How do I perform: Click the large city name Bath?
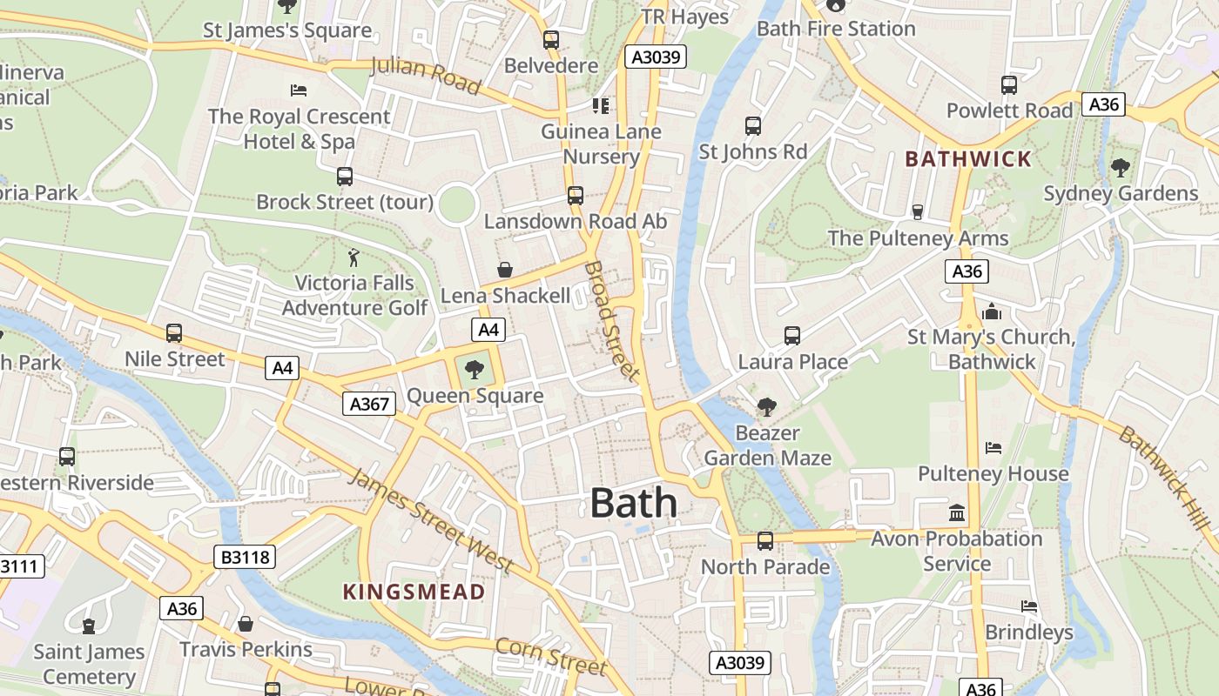[x=633, y=504]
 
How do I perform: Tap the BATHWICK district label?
[x=967, y=159]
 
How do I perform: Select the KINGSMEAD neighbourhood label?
[x=414, y=592]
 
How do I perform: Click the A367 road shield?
[x=368, y=404]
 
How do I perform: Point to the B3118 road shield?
[x=245, y=557]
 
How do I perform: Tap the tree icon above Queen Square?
[x=475, y=370]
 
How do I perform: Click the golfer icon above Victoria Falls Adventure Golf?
[x=354, y=258]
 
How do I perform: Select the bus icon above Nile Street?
[x=174, y=333]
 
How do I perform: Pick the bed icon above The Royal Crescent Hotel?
[x=299, y=90]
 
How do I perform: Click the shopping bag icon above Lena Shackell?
[x=505, y=271]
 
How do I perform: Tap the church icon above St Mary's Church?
[x=991, y=311]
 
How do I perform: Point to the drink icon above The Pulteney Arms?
[x=917, y=212]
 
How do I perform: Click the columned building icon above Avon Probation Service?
[x=957, y=513]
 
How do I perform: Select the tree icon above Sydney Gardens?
[x=1121, y=168]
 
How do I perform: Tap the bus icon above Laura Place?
[x=792, y=336]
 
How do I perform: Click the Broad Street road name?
[x=614, y=321]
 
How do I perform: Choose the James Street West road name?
[x=431, y=520]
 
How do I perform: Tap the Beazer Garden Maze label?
[x=767, y=445]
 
